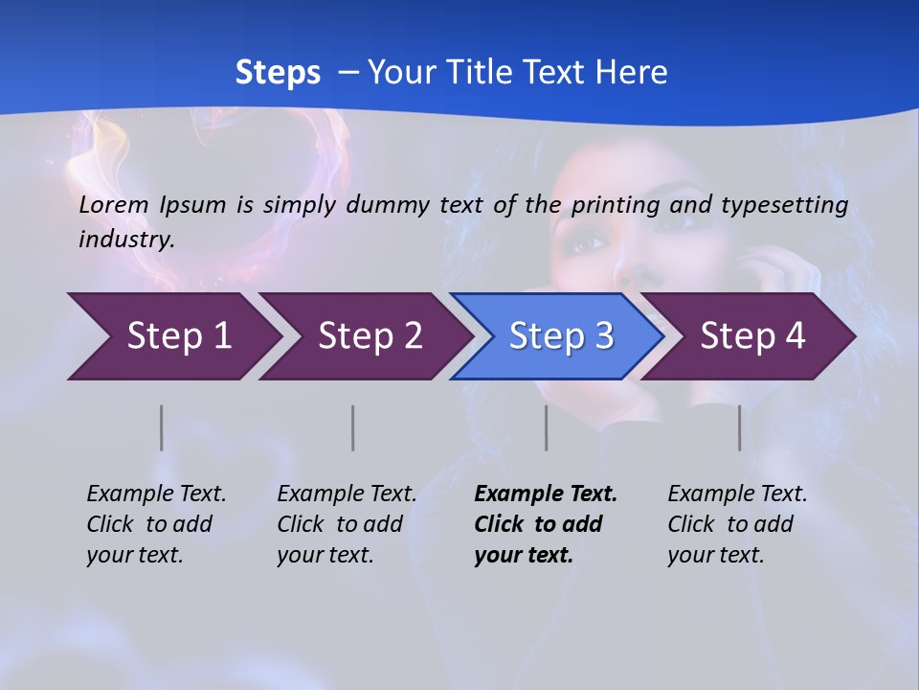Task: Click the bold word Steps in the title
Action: [278, 73]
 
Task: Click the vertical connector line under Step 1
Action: [162, 427]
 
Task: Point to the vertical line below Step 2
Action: [353, 427]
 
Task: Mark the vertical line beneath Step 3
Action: [546, 427]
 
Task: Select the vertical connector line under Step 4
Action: [739, 427]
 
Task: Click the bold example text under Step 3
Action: [545, 524]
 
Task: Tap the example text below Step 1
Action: [156, 524]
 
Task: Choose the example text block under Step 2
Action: [347, 524]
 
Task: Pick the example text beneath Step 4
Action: [737, 524]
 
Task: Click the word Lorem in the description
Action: [114, 204]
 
